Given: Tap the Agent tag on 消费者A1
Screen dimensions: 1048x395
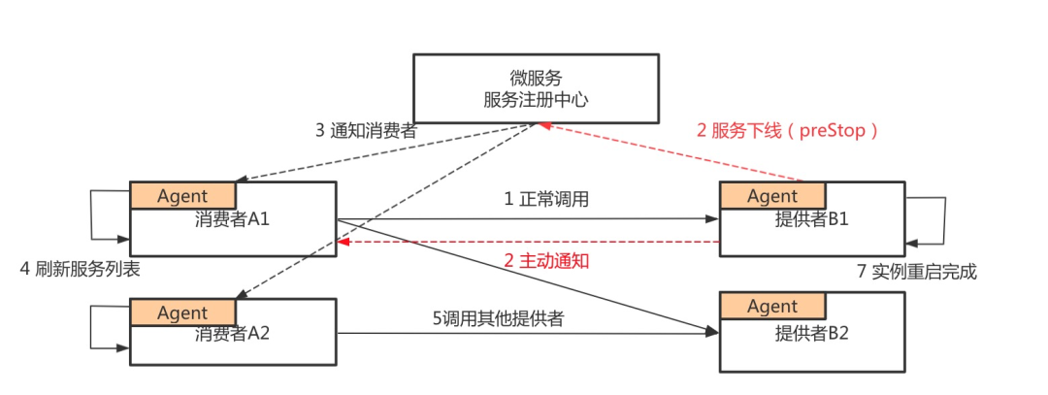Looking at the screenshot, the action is (182, 196).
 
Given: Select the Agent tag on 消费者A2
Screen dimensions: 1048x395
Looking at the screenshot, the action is (182, 313).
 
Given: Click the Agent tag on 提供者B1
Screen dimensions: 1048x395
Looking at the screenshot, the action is (772, 196).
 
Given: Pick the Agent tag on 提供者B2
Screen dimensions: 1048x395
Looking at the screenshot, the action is (772, 306).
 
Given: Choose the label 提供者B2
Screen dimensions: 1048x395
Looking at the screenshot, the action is (811, 333).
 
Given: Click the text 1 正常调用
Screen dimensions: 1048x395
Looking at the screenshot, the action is (546, 199).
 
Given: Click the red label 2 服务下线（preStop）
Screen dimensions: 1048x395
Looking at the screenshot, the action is (787, 130).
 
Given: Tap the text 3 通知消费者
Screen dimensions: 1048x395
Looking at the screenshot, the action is (366, 130).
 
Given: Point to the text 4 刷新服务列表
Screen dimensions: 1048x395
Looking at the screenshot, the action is (81, 271).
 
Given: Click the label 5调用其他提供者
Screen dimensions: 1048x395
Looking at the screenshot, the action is (499, 318).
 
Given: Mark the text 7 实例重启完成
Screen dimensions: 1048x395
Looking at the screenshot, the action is (917, 272).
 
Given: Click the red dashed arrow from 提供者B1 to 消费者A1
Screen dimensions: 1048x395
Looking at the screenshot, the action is (528, 242).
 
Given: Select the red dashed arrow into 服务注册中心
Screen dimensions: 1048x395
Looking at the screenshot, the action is (671, 151).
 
